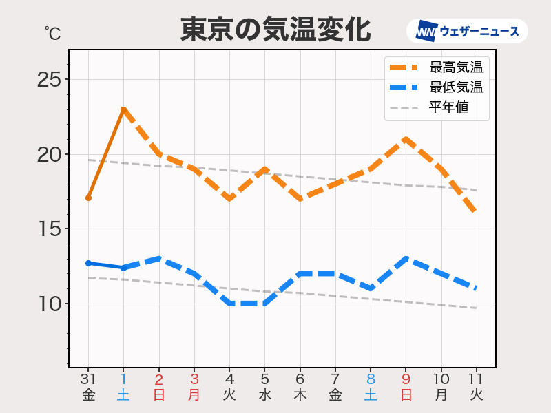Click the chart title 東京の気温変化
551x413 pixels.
point(275,30)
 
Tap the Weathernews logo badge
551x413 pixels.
point(467,32)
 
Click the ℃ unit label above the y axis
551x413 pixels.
point(52,33)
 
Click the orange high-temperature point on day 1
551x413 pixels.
point(123,109)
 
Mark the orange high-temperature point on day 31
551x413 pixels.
point(88,198)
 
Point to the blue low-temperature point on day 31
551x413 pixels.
point(88,263)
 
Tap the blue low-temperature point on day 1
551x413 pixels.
point(123,268)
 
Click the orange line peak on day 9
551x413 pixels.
point(406,139)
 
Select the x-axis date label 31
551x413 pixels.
point(88,379)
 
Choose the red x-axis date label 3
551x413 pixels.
point(194,379)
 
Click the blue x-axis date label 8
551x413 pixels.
point(371,379)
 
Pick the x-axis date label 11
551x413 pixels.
point(477,379)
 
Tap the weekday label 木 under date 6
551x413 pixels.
point(300,395)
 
